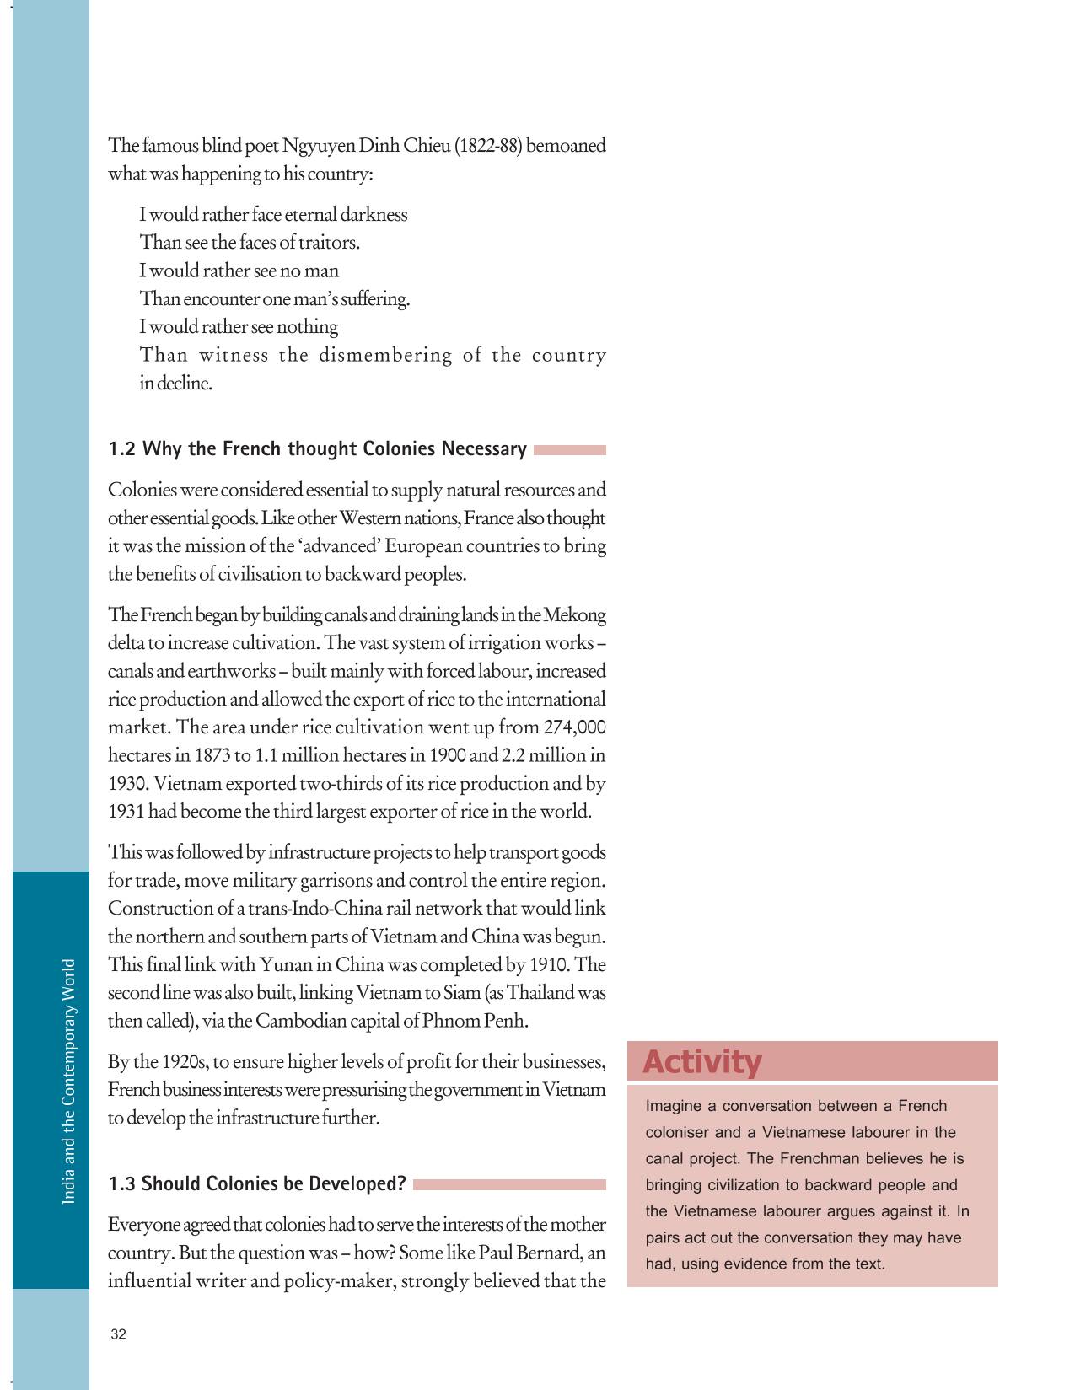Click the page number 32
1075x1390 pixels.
click(x=118, y=1334)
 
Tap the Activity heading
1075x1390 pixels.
click(x=701, y=1062)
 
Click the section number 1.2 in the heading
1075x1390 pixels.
click(x=122, y=449)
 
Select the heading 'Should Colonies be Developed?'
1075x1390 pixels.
click(x=274, y=1184)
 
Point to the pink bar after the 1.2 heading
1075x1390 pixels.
click(x=569, y=450)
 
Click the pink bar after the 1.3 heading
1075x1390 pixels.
click(x=509, y=1184)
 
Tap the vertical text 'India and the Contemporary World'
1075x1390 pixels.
click(x=69, y=1081)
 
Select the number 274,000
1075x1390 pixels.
click(x=575, y=727)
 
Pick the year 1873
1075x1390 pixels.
click(x=212, y=755)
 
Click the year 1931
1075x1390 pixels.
click(x=126, y=812)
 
